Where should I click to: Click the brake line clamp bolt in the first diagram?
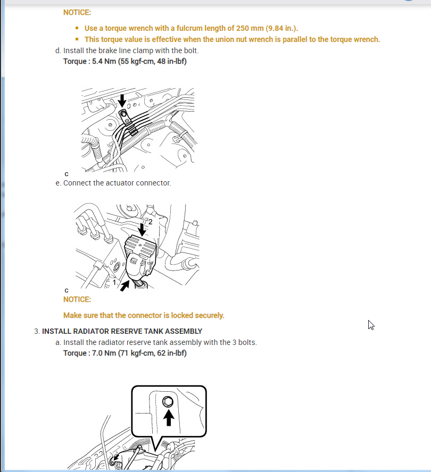pyautogui.click(x=123, y=113)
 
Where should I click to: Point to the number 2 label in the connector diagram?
pyautogui.click(x=150, y=222)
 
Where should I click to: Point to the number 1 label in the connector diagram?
pyautogui.click(x=114, y=283)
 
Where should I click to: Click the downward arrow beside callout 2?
pyautogui.click(x=142, y=229)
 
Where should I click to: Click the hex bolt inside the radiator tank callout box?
pyautogui.click(x=168, y=401)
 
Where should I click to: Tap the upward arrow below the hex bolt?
pyautogui.click(x=168, y=417)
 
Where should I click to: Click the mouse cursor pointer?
pyautogui.click(x=371, y=325)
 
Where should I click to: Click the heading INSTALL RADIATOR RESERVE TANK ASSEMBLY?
pyautogui.click(x=122, y=331)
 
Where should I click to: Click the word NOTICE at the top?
pyautogui.click(x=77, y=12)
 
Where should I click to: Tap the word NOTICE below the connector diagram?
pyautogui.click(x=77, y=299)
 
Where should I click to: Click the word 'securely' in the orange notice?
pyautogui.click(x=209, y=315)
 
